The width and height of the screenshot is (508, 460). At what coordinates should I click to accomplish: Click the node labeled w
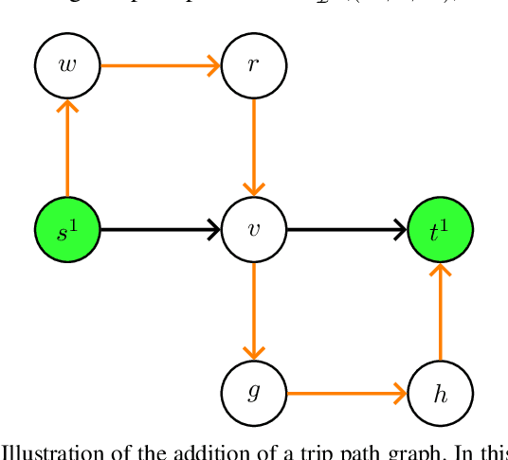click(x=66, y=65)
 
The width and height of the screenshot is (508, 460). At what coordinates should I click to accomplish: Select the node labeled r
click(x=253, y=65)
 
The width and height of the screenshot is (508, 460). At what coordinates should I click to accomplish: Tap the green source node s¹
click(x=66, y=230)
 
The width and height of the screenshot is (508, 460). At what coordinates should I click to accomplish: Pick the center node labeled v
click(x=253, y=230)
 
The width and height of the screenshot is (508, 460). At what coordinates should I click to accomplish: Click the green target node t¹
click(x=440, y=230)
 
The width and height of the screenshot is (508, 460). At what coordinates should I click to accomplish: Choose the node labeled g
click(x=253, y=393)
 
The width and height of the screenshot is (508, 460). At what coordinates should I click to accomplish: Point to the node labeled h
click(x=440, y=393)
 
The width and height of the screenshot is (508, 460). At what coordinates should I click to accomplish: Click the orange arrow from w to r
click(x=159, y=65)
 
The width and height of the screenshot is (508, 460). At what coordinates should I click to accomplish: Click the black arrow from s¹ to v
click(x=159, y=230)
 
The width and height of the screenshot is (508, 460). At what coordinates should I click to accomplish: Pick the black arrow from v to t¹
click(x=346, y=230)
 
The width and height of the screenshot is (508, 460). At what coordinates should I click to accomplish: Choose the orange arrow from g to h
click(x=346, y=393)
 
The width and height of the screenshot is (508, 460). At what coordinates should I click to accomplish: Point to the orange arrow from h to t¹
click(x=440, y=311)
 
